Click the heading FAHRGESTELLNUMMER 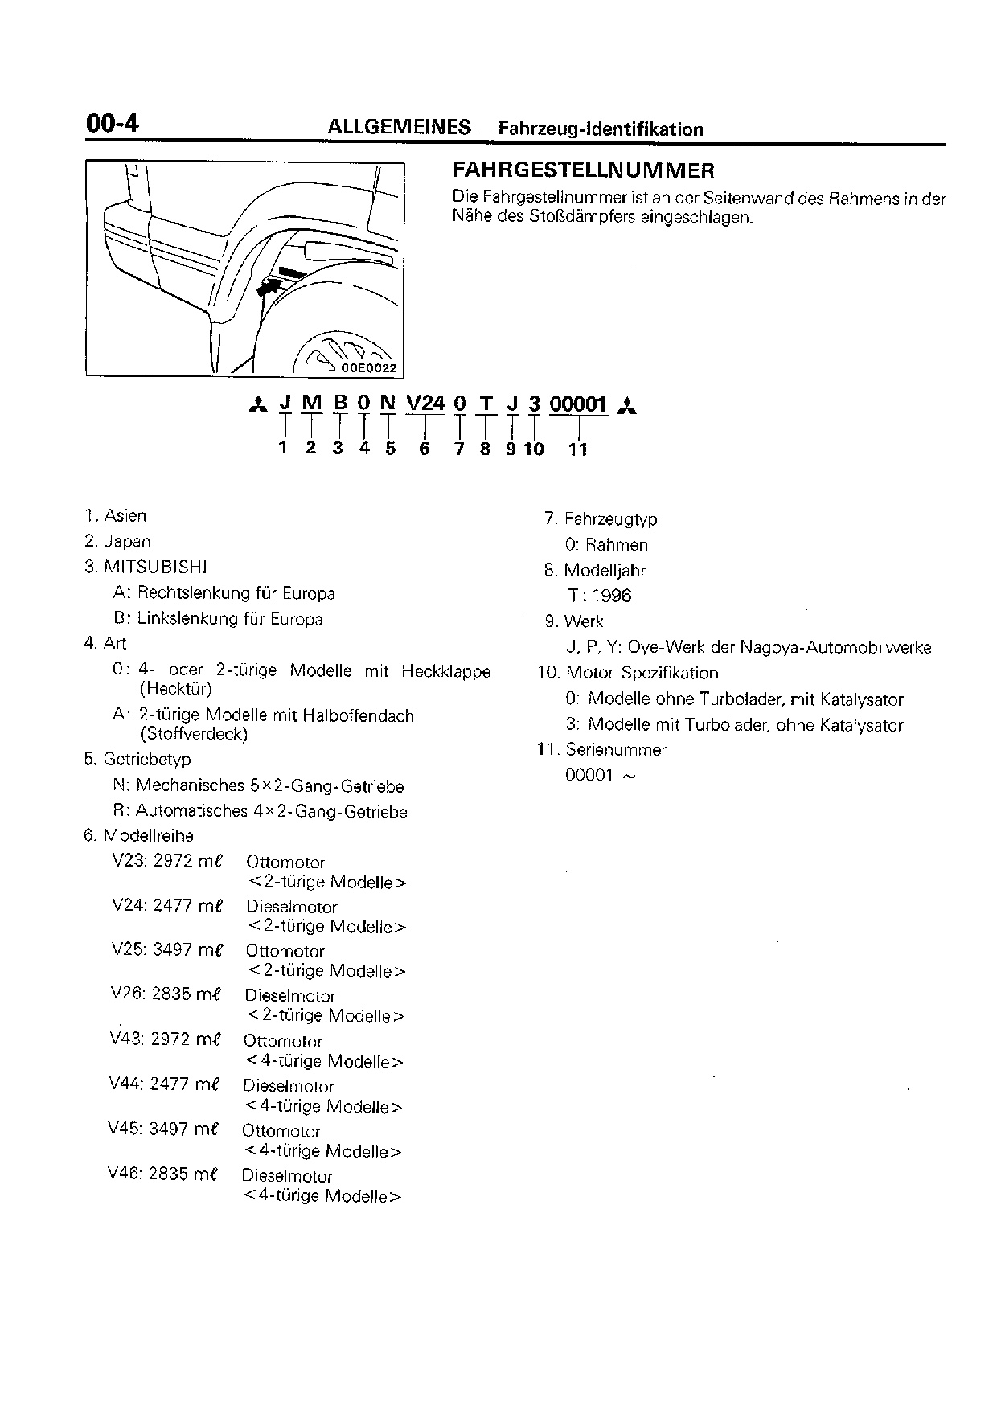coord(584,170)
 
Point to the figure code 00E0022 coord(369,367)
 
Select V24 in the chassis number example coord(425,403)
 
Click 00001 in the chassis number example coord(577,404)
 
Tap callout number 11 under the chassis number coord(578,449)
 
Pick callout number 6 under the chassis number coord(425,449)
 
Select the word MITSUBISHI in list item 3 coord(156,567)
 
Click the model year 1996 coord(612,596)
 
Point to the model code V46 coord(125,1174)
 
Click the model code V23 coord(129,861)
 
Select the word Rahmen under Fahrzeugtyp coord(617,545)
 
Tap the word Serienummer coord(616,750)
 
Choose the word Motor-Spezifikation coord(642,673)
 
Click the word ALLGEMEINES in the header coord(399,127)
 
